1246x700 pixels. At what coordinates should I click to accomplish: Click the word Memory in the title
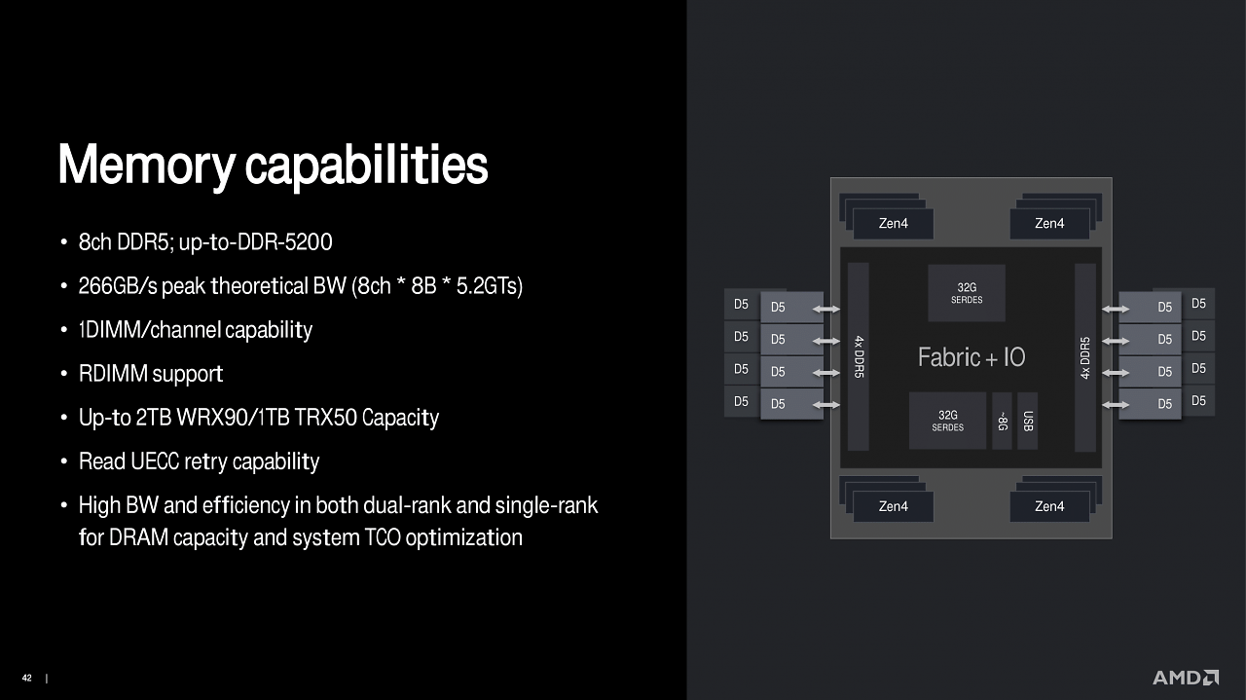147,166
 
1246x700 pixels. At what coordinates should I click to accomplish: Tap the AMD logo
1186,678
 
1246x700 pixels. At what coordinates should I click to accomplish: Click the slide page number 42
26,678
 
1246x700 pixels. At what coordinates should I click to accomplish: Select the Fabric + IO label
971,357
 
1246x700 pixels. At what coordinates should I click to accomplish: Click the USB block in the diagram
1027,421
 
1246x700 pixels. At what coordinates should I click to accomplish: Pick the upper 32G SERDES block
967,293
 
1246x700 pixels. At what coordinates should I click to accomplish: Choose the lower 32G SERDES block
948,421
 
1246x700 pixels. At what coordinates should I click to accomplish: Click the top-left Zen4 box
894,224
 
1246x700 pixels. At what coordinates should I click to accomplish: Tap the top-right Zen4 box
1049,224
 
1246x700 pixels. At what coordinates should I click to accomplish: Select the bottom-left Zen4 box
894,506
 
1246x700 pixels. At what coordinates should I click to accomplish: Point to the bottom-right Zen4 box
1049,506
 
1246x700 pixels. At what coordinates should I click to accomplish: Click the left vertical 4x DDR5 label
859,356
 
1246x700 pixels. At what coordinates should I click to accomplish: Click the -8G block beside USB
1002,421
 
